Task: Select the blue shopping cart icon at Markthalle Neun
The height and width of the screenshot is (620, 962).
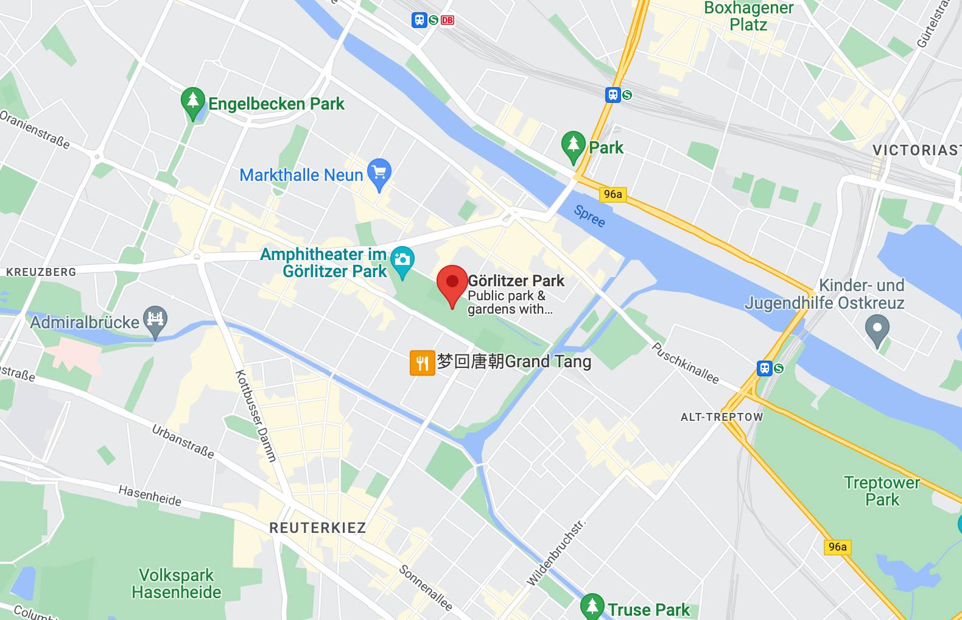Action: [379, 172]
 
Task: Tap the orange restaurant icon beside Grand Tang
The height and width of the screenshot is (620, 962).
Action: [422, 363]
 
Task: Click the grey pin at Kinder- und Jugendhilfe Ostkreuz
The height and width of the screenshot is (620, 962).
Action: [877, 329]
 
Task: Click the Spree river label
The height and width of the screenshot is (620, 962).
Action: [589, 216]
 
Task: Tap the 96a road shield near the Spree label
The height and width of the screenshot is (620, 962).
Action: [613, 194]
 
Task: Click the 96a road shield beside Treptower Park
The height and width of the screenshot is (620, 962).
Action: [837, 547]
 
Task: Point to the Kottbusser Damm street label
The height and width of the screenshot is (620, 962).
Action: [256, 416]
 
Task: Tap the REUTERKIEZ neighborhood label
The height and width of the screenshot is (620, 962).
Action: [317, 528]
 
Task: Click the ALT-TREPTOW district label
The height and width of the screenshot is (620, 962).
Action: [721, 417]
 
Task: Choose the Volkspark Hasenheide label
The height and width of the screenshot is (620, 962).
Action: [177, 583]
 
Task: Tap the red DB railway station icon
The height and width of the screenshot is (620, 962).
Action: [448, 20]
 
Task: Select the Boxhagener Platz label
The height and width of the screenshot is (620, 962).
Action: [748, 16]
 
